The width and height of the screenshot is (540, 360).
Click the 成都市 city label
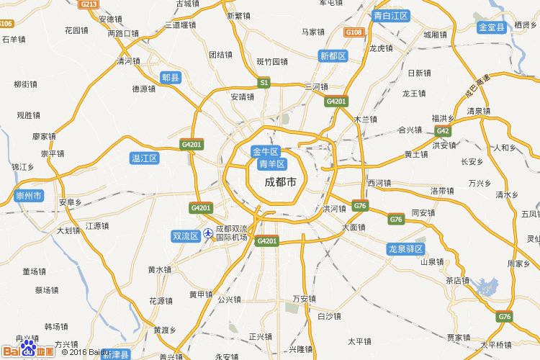(280, 182)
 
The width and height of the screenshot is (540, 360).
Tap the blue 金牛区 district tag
(265, 152)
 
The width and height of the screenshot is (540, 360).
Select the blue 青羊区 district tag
(272, 165)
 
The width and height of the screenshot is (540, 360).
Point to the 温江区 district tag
(144, 158)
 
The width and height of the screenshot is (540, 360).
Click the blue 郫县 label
(171, 78)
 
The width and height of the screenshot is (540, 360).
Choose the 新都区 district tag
(333, 56)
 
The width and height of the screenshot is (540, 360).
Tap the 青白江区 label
(391, 16)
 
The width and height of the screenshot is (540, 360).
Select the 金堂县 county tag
(493, 27)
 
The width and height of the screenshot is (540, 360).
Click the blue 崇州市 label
(29, 196)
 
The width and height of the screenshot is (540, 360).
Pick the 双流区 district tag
(185, 236)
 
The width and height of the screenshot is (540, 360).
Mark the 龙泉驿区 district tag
(405, 249)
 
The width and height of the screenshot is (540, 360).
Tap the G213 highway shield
(89, 4)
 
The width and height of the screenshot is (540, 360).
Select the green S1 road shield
(264, 83)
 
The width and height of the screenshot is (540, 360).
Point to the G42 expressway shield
(442, 130)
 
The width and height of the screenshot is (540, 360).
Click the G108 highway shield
(354, 32)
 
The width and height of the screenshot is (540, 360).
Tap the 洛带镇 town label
(442, 192)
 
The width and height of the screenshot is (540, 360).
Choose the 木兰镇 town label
(366, 119)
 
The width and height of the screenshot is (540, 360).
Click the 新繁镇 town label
(238, 16)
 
